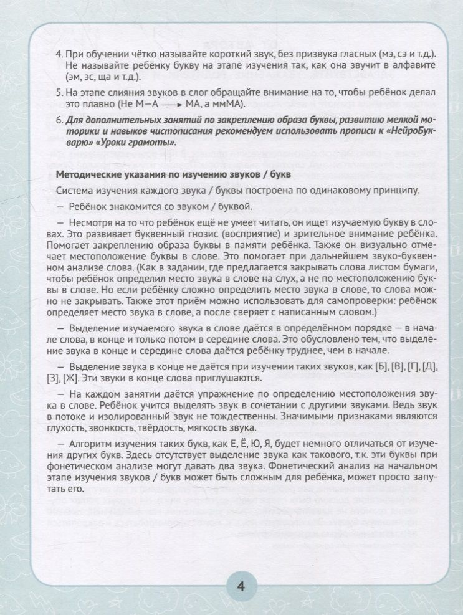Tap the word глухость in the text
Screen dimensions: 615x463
tap(75, 430)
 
